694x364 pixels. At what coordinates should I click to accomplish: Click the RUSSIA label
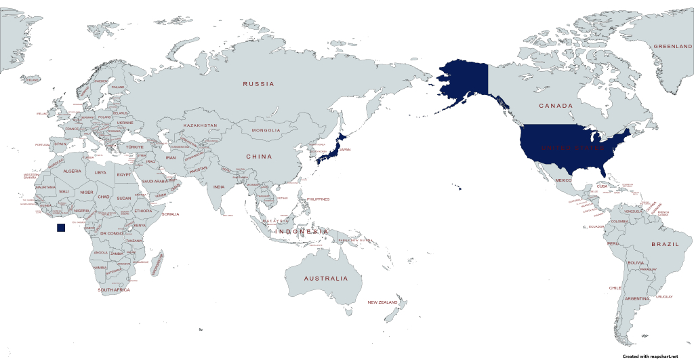[x=259, y=84]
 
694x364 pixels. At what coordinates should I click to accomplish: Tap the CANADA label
[x=556, y=106]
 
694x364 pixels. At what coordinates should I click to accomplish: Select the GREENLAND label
[x=672, y=46]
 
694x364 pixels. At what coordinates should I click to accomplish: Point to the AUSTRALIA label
[x=325, y=279]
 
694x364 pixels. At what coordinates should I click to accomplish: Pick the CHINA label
[x=258, y=157]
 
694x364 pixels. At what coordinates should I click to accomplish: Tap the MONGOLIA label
[x=266, y=130]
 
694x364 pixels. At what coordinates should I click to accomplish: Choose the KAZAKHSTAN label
[x=200, y=125]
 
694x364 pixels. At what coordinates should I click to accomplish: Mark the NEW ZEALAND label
[x=382, y=302]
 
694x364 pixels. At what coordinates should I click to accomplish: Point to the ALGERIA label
[x=72, y=171]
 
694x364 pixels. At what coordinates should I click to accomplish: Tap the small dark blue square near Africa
[x=61, y=228]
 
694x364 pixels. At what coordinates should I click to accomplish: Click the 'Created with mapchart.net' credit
[x=650, y=357]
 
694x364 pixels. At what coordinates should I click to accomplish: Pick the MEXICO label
[x=564, y=180]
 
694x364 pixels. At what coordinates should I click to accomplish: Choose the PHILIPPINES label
[x=318, y=199]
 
